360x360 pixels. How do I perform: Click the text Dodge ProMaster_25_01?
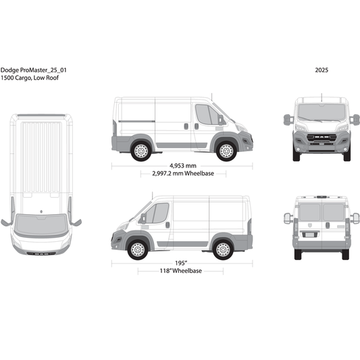[x=33, y=70]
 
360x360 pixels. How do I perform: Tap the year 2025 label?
[x=322, y=70]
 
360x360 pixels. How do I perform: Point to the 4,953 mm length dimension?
[x=182, y=165]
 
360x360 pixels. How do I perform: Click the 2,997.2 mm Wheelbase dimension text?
[x=182, y=174]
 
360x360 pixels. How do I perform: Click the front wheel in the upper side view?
[x=226, y=151]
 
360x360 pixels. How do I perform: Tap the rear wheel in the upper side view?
[x=141, y=151]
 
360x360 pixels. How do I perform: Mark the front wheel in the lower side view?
[x=137, y=249]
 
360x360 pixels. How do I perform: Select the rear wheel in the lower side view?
[x=222, y=249]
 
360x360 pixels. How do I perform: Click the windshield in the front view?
[x=322, y=112]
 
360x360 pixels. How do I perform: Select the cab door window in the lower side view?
[x=157, y=213]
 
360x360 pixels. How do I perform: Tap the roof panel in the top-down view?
[x=41, y=155]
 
